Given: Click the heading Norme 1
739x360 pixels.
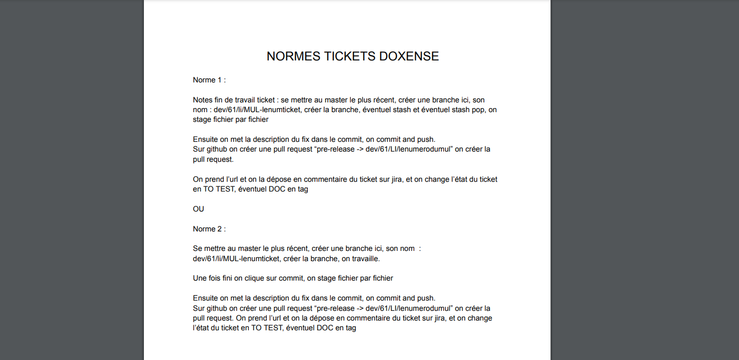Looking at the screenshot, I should click(209, 80).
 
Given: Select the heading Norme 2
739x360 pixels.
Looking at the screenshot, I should click(209, 229).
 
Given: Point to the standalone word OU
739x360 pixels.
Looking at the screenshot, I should click(198, 209).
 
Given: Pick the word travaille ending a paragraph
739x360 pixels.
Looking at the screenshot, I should click(364, 259).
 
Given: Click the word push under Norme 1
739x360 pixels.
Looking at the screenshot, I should click(426, 139).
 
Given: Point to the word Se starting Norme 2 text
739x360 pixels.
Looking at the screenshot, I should click(197, 248).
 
